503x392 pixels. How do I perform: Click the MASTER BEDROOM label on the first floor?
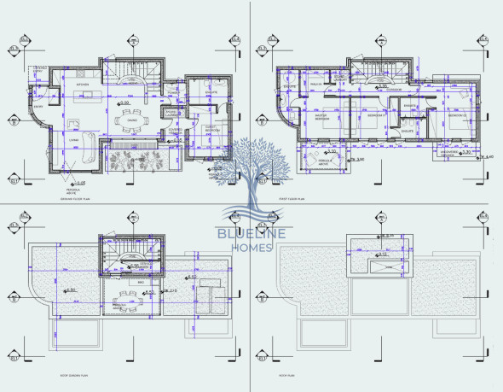[x=322, y=117]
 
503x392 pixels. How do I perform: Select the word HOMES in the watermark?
[x=251, y=249]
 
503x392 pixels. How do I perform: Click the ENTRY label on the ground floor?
[x=38, y=107]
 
